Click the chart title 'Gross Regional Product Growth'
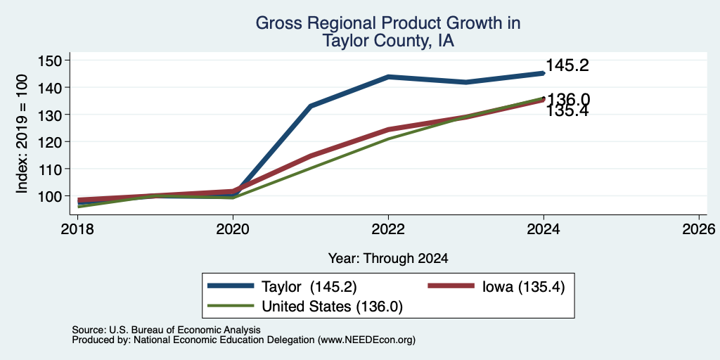[x=388, y=23]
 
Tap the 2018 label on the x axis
[x=77, y=229]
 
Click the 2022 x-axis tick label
[x=388, y=229]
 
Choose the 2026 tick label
[x=699, y=229]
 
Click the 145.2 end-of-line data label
[x=567, y=65]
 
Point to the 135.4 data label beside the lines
[x=567, y=110]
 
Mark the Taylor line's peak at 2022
[x=388, y=77]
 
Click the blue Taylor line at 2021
[x=310, y=106]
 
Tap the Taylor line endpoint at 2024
[x=544, y=73]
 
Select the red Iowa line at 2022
[x=388, y=129]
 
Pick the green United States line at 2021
[x=310, y=167]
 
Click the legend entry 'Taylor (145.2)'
[x=282, y=287]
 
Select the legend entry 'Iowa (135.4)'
[x=496, y=287]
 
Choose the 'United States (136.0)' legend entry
[x=305, y=306]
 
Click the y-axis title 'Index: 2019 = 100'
[x=22, y=134]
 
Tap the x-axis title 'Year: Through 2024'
[x=388, y=259]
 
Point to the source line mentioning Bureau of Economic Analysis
[x=166, y=330]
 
